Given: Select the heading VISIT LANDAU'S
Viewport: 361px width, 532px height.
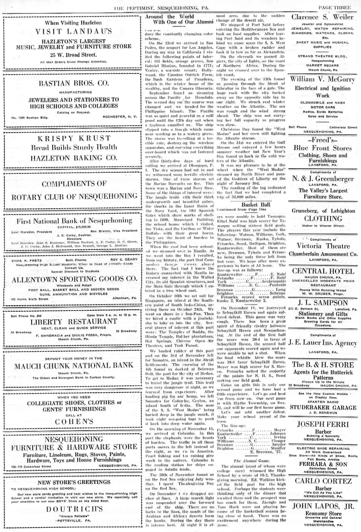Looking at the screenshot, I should (x=74, y=32).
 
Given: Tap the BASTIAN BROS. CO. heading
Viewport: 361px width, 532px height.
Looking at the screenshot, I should (x=74, y=84).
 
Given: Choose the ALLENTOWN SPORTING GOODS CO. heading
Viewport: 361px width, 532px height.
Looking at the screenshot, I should (x=74, y=279).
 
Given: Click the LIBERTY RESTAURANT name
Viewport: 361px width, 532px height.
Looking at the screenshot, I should (x=74, y=322).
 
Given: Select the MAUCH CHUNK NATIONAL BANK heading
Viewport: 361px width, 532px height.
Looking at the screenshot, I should (x=74, y=366).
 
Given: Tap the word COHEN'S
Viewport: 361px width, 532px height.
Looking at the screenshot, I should (x=74, y=421).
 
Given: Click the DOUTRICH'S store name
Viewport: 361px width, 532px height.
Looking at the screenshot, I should (x=74, y=509).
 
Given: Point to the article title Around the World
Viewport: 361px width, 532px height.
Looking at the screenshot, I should (x=169, y=17).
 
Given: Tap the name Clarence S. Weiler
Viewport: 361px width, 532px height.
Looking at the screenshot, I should (x=322, y=17).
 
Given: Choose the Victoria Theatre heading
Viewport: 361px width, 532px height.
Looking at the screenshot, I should (x=323, y=246).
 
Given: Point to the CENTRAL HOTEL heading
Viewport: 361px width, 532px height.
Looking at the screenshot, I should (x=323, y=271).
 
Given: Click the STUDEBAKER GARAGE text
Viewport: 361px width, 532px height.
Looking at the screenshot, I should (x=323, y=407).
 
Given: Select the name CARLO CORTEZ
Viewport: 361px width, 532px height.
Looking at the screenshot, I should (x=323, y=481).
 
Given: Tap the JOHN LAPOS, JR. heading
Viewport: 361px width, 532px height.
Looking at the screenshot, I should (x=323, y=506).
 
